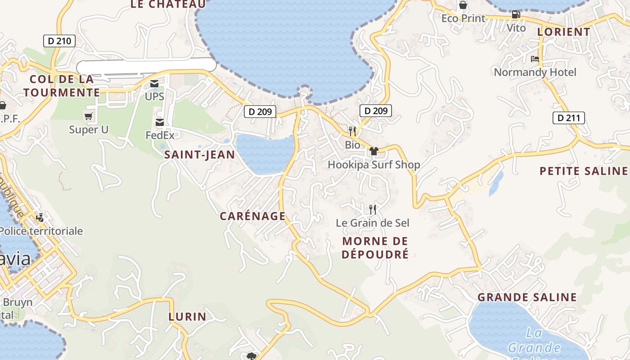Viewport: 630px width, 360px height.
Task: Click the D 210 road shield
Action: click(x=59, y=41)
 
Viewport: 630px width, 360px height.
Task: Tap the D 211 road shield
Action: click(x=568, y=118)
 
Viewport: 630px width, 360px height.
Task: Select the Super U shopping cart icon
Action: click(x=89, y=117)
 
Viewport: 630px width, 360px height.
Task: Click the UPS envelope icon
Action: click(x=154, y=84)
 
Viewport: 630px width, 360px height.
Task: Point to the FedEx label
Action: click(x=160, y=135)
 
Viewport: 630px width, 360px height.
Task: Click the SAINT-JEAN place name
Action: click(x=199, y=155)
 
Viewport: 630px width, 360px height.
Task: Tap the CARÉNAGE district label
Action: click(x=252, y=216)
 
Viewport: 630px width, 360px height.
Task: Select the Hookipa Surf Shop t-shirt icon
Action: click(x=373, y=151)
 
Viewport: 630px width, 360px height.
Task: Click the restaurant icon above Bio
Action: click(x=352, y=131)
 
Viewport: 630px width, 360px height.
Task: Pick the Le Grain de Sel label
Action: click(x=373, y=223)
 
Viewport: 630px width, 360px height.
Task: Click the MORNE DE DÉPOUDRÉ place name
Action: click(x=375, y=247)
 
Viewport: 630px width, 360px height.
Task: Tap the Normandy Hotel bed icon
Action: click(x=535, y=59)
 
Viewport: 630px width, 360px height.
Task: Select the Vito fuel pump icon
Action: click(x=516, y=14)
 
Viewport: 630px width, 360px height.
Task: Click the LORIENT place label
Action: click(x=563, y=32)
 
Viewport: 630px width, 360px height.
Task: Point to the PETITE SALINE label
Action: click(x=583, y=171)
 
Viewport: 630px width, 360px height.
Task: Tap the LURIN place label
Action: click(x=187, y=316)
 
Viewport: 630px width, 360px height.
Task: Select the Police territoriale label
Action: click(x=41, y=231)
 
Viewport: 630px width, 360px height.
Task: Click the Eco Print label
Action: click(x=463, y=18)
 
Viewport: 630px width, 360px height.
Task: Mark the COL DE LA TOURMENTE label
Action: click(x=62, y=86)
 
